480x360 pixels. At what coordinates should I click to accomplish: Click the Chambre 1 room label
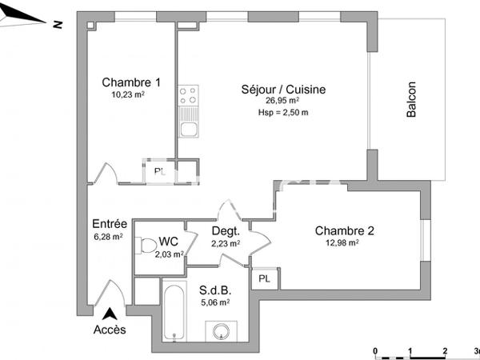coord(131,82)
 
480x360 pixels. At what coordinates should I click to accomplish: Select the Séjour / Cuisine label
coord(283,90)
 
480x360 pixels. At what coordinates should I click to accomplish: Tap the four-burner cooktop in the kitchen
coord(189,98)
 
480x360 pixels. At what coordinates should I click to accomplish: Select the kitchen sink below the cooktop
coord(189,127)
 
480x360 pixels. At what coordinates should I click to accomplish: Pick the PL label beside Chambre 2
coord(263,279)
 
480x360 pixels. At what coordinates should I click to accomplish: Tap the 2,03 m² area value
coord(168,254)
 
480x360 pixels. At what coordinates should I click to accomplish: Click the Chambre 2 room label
coord(344,230)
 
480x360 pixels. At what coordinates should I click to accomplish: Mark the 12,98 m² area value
coord(342,243)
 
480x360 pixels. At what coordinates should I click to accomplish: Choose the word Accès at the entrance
coord(110,330)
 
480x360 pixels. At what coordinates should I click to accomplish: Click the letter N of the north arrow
coord(57,24)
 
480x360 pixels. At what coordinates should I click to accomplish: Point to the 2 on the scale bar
coord(443,351)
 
